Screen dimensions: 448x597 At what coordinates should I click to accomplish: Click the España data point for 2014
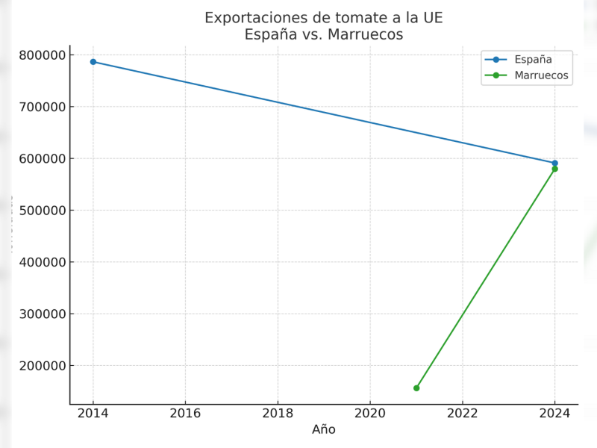coord(93,62)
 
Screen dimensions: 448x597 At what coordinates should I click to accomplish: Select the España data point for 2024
coord(554,163)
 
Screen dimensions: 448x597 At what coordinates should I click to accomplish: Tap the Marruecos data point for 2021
coord(416,388)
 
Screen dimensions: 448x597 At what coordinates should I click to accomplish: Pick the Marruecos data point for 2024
coord(554,169)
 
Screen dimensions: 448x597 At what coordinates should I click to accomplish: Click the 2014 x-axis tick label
coord(93,413)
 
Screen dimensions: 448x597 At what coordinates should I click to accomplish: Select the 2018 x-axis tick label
coord(278,413)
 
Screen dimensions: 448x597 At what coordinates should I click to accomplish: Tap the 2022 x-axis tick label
coord(462,413)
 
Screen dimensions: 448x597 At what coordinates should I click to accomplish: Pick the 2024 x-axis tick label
coord(554,413)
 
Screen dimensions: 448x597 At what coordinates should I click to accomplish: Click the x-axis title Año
coord(324,430)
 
